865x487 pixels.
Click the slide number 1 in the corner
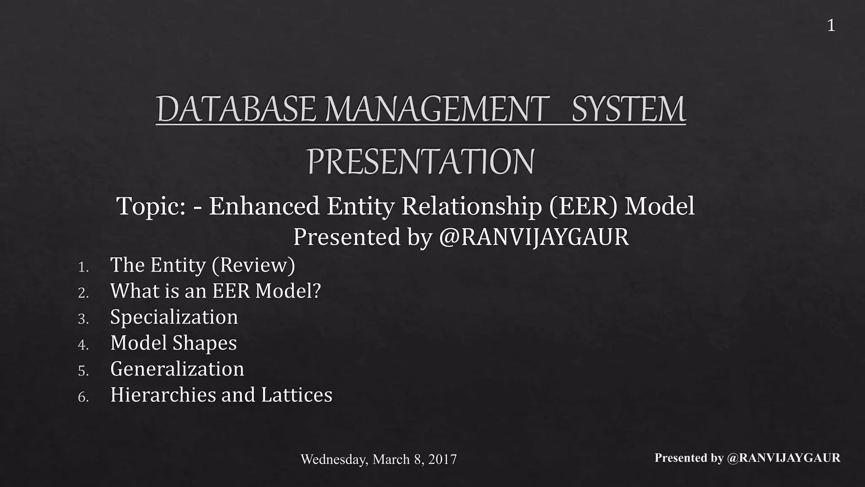coord(831,26)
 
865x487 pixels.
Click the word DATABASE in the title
coord(236,109)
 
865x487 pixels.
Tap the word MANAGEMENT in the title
coord(435,109)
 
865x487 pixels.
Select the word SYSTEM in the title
coord(628,109)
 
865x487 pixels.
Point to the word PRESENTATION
coord(421,161)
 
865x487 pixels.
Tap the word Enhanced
coord(264,207)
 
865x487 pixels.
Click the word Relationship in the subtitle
coord(471,207)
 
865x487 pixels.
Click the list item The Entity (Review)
coord(202,265)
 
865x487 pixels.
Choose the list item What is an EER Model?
coord(215,291)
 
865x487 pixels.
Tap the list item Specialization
coord(174,317)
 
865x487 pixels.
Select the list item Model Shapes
coord(173,343)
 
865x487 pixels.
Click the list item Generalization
coord(177,369)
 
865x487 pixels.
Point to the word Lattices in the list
coord(296,395)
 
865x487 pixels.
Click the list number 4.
coord(83,345)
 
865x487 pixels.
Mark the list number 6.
coord(83,397)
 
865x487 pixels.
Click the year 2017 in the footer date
coord(442,460)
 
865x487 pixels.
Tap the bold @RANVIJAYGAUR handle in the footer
coord(783,458)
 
